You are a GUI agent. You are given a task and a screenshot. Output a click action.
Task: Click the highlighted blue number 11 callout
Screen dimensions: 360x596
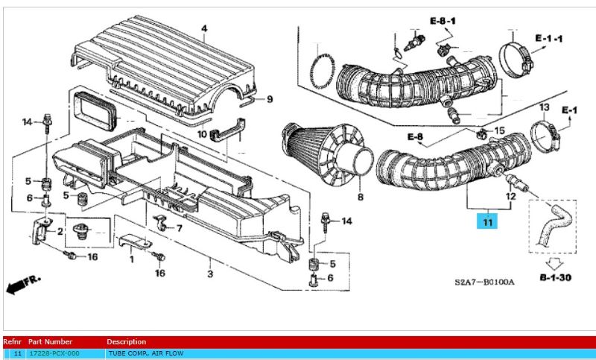(x=488, y=221)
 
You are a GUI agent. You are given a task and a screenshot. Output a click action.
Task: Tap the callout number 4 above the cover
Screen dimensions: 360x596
(x=203, y=29)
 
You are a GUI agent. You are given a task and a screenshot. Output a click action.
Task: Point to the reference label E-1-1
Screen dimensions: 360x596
(x=548, y=37)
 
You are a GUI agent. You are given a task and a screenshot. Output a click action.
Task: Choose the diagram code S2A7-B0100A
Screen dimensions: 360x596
(x=484, y=282)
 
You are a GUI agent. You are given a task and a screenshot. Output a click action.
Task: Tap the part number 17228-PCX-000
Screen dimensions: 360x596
(x=53, y=353)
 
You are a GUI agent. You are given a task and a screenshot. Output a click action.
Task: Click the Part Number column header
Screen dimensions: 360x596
(x=50, y=342)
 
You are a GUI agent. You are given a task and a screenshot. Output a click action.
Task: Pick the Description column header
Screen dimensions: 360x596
(x=126, y=342)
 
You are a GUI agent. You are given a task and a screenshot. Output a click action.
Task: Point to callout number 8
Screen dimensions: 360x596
(x=361, y=198)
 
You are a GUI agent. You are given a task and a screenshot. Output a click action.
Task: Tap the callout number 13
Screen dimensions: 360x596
(x=544, y=107)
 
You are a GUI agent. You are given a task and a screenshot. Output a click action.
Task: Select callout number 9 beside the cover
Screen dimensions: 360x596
(x=270, y=99)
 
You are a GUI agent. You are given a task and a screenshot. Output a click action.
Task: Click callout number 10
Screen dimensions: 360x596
(x=202, y=134)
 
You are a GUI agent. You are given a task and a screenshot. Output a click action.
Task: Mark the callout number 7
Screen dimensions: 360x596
(x=179, y=227)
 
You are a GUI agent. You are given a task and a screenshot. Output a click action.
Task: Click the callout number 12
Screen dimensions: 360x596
(x=510, y=197)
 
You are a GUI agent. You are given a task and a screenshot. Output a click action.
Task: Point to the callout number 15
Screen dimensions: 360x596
(x=499, y=132)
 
